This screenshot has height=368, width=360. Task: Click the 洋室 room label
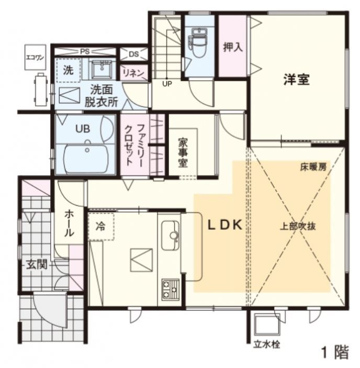tap(297, 80)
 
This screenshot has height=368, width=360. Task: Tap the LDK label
tap(222, 226)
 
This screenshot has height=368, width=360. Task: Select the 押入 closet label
tap(232, 47)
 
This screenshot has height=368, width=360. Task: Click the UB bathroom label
tap(82, 128)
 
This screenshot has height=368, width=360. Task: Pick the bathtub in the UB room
tap(86, 156)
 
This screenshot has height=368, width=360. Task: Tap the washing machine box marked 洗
tap(69, 69)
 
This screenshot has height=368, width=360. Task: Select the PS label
tap(85, 52)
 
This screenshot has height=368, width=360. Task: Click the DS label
tap(133, 54)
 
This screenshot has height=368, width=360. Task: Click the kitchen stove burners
tap(170, 289)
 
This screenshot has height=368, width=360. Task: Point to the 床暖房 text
tap(312, 168)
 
